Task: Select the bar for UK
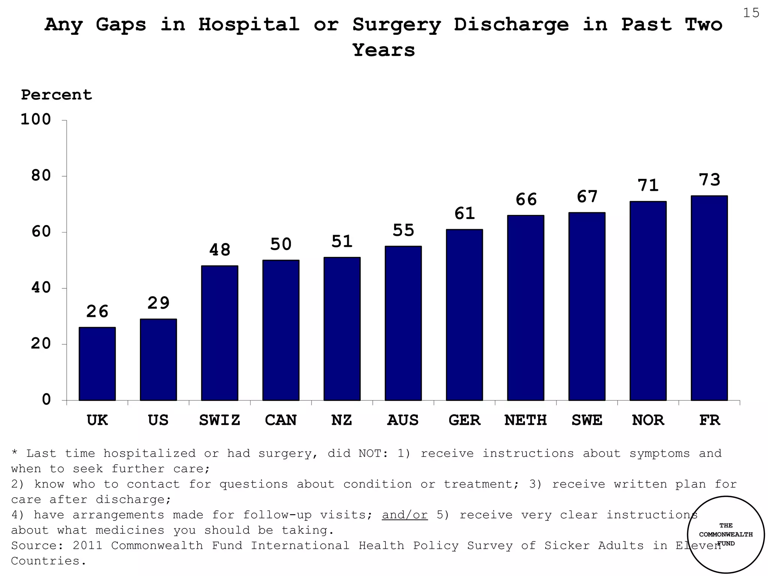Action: pos(97,364)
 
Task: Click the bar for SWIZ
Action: pos(219,333)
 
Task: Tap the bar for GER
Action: pos(464,315)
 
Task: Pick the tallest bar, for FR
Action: pos(709,298)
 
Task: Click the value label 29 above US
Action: pos(158,303)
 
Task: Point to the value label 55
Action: pos(403,230)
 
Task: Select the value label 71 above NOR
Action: pos(648,185)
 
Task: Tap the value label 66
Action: pos(526,199)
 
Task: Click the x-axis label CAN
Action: pos(280,420)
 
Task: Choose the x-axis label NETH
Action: pos(525,420)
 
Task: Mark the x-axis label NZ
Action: pos(342,420)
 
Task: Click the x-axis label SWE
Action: pos(587,420)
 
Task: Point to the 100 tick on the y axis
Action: pos(36,120)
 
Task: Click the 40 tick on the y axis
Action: pos(40,288)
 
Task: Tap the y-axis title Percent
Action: pos(56,95)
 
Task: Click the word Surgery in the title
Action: pos(396,25)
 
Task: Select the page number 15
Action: pos(751,13)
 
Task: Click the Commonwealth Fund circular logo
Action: pos(726,535)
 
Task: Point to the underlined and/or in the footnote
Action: pos(405,515)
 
